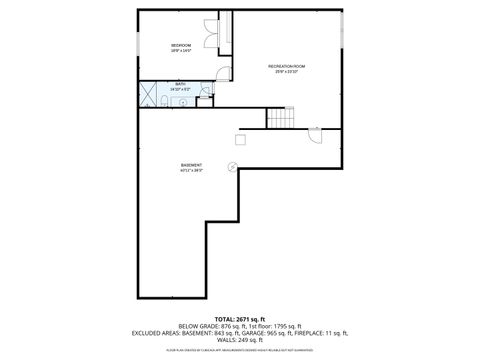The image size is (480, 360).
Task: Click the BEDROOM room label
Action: [181, 46]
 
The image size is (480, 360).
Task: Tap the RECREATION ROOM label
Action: [286, 66]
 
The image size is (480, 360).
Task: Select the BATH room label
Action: [179, 86]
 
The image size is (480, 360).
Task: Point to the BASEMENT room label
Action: [191, 165]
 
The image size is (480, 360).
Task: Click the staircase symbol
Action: [282, 118]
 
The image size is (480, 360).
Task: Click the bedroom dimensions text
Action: [181, 51]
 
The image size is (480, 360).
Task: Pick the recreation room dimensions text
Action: [286, 72]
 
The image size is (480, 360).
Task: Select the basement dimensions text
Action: [191, 171]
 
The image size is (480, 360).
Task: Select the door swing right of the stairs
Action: [317, 136]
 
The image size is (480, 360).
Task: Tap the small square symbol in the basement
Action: [240, 140]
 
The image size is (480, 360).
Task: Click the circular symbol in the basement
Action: [233, 166]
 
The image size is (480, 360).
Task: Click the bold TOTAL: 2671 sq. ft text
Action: [240, 318]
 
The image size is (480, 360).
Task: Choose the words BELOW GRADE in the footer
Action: [199, 325]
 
